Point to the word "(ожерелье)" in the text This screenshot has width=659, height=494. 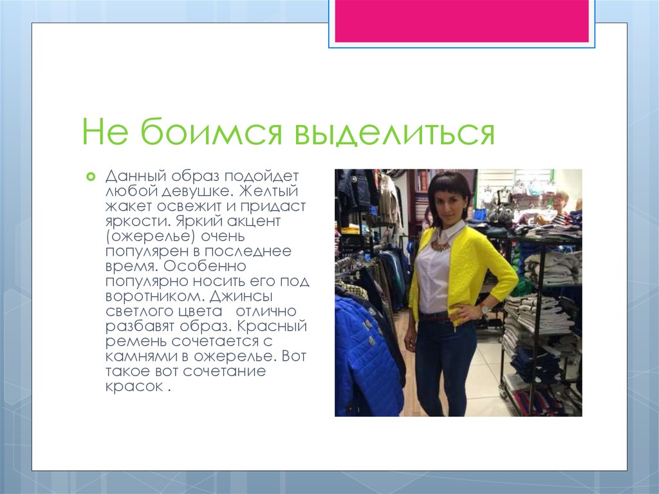point(140,236)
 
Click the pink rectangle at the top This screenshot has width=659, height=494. point(461,21)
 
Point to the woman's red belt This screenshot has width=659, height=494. point(436,317)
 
